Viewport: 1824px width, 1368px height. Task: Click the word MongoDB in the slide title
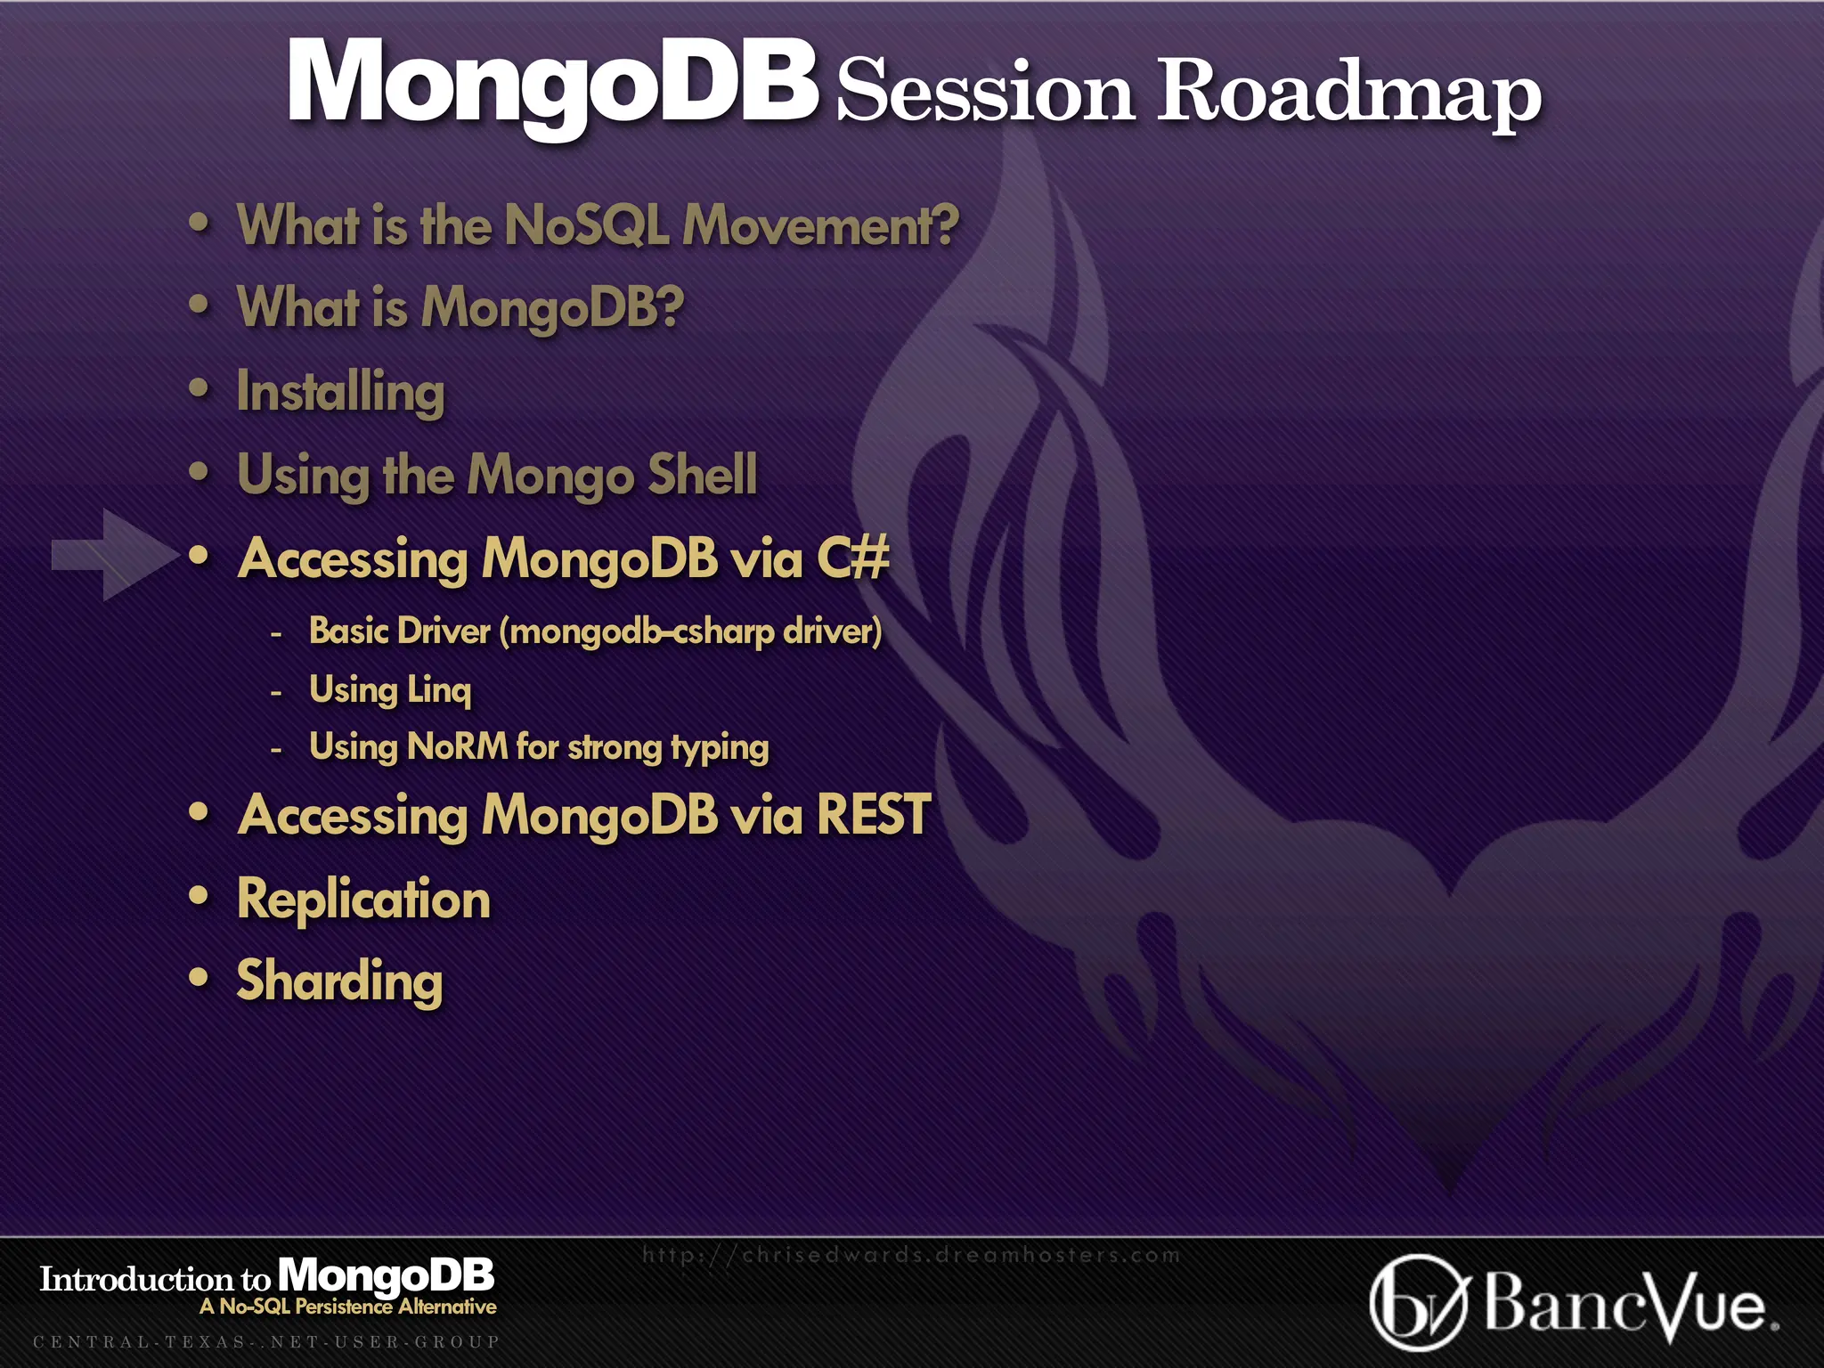pyautogui.click(x=552, y=82)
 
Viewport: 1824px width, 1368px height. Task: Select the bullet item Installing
pyautogui.click(x=340, y=392)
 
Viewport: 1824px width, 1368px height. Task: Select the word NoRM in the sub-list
pyautogui.click(x=457, y=746)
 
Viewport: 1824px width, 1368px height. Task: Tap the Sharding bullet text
pyautogui.click(x=339, y=981)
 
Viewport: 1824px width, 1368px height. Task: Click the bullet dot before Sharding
pyautogui.click(x=199, y=978)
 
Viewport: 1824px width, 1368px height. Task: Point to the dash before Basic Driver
pyautogui.click(x=276, y=634)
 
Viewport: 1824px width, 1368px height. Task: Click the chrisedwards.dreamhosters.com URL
pyautogui.click(x=910, y=1255)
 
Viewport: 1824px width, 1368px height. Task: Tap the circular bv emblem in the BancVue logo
pyautogui.click(x=1417, y=1304)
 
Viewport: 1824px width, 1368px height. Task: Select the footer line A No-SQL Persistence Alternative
pyautogui.click(x=348, y=1307)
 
